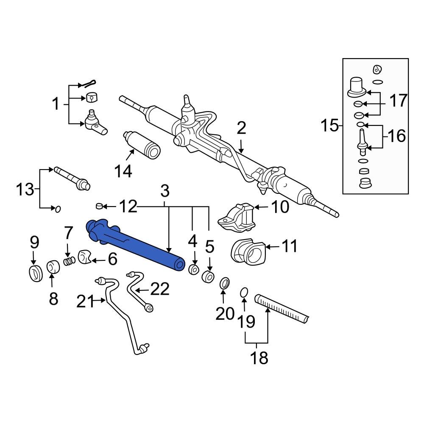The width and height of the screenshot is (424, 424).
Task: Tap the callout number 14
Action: pyautogui.click(x=123, y=171)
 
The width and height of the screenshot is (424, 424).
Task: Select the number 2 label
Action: pyautogui.click(x=241, y=128)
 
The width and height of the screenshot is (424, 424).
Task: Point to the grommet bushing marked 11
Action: pyautogui.click(x=246, y=252)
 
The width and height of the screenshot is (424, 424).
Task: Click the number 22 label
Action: pyautogui.click(x=159, y=289)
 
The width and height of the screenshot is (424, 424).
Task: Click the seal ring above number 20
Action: pyautogui.click(x=225, y=282)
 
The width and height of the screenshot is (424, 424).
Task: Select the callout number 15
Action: pyautogui.click(x=329, y=126)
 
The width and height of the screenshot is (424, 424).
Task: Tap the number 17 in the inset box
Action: pyautogui.click(x=397, y=101)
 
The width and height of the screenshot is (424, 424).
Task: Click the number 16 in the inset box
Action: pyautogui.click(x=396, y=136)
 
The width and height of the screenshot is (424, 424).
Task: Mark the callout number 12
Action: pyautogui.click(x=128, y=206)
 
